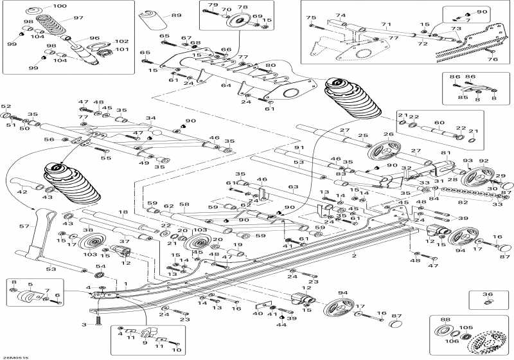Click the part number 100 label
point(59,6)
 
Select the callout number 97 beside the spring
point(78,17)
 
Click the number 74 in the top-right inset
point(341,15)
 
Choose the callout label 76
point(493,59)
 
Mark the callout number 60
point(439,122)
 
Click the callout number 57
point(25,226)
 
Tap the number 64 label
point(226,85)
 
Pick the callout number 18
point(122,212)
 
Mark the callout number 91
point(297,148)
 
